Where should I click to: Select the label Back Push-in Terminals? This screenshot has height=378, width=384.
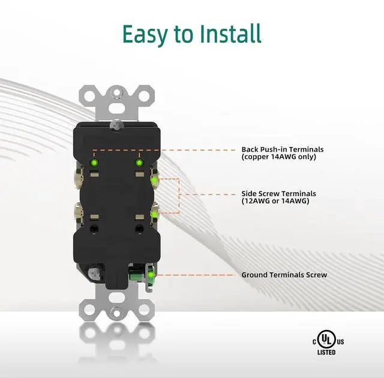coord(282,149)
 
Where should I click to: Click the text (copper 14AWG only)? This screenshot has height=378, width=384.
coord(278,157)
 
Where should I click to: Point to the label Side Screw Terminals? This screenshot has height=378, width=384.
coord(279,194)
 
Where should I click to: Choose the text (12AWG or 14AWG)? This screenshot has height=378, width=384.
coord(275,202)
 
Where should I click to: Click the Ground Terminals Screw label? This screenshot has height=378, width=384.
coord(284,275)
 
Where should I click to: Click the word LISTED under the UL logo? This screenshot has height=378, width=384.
coord(326,353)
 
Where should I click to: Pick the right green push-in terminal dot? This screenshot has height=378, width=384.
coord(139,162)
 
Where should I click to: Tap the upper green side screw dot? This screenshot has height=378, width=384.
coord(154,178)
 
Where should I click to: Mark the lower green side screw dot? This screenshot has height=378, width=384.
coord(154,212)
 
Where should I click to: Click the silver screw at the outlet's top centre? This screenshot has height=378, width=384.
coord(116,124)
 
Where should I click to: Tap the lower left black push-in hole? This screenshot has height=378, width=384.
coord(94,229)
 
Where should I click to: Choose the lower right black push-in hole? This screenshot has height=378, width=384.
coord(139,229)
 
